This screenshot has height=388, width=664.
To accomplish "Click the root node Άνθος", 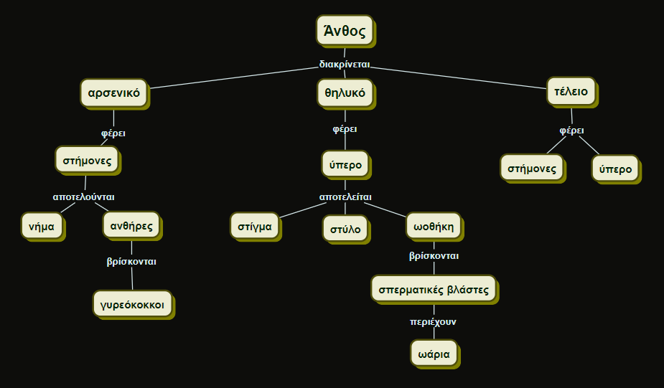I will click(345, 31).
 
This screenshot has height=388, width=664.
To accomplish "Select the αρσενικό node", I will click(113, 93).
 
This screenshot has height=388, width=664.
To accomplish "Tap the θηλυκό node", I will click(345, 93).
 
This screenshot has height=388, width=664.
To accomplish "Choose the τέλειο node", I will click(571, 92).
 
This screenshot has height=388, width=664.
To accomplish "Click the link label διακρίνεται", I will click(345, 65).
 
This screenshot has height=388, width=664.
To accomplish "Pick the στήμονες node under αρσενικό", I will click(87, 160).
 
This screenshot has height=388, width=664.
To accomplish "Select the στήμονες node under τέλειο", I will click(532, 169).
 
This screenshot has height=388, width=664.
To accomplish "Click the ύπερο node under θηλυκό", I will click(345, 164).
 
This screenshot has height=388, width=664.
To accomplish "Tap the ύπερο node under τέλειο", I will click(615, 169).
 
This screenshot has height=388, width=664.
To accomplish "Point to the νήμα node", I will click(42, 226).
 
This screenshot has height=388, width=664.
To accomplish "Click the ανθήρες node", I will click(131, 226).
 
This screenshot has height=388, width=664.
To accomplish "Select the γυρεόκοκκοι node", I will click(133, 304).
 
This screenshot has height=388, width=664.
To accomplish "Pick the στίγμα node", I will click(255, 226).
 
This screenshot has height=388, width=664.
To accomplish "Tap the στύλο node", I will click(345, 229).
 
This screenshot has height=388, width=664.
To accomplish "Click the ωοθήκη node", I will click(434, 226).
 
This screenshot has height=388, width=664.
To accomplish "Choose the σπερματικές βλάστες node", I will click(434, 289).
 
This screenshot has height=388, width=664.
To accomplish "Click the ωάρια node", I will click(434, 353).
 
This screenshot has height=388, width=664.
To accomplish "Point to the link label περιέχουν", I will click(433, 322).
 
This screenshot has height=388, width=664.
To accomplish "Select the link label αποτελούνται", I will click(84, 197).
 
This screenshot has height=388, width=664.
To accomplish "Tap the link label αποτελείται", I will click(345, 197).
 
